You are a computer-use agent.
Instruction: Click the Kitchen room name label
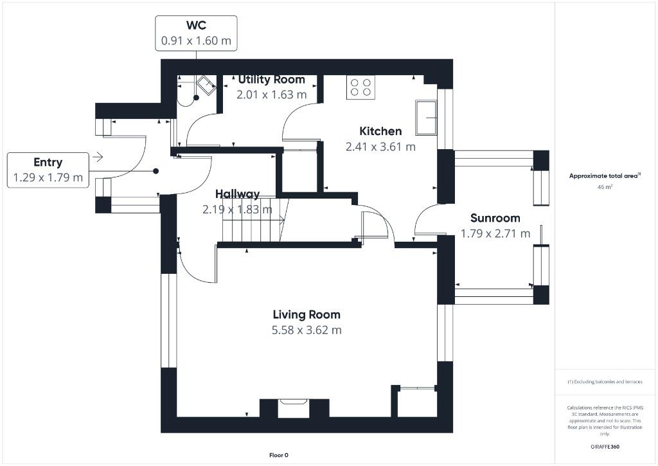(380, 131)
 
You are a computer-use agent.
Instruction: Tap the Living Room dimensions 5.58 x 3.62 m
(307, 330)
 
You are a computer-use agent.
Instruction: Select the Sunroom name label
(495, 219)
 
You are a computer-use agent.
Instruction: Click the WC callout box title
(196, 25)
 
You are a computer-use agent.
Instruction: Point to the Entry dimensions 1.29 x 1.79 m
(48, 177)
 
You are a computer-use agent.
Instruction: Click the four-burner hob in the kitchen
(361, 87)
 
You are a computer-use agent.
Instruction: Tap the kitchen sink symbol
(426, 118)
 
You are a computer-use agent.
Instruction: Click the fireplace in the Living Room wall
(293, 408)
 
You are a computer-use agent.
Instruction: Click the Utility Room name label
(272, 79)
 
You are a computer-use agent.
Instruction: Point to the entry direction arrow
(98, 157)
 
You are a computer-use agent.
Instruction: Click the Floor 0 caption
(279, 455)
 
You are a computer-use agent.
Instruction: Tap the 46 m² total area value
(605, 187)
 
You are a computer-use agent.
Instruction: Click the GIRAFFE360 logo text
(605, 447)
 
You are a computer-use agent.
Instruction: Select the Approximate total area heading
(604, 176)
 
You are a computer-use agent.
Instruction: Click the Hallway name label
(238, 194)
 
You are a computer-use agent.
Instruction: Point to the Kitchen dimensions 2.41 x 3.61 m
(380, 147)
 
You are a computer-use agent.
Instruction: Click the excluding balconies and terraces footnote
(605, 382)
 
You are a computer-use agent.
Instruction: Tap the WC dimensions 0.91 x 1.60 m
(196, 40)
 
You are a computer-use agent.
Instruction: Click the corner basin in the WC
(206, 85)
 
